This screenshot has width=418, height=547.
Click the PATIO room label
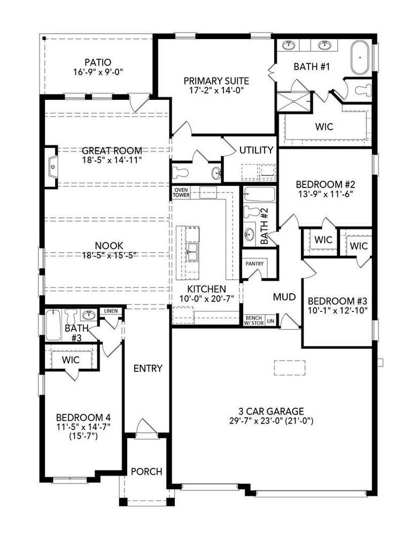(98, 63)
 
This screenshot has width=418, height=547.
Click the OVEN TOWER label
(181, 192)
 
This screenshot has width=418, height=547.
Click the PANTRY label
(254, 264)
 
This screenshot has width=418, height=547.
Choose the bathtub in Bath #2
(259, 194)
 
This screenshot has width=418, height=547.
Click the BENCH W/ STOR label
(254, 321)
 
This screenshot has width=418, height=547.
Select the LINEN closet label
(111, 311)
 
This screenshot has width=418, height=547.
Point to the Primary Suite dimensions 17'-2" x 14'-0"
(216, 90)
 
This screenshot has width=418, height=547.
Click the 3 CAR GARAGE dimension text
(271, 421)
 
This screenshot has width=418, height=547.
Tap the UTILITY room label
(257, 150)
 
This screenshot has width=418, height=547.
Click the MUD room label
(284, 297)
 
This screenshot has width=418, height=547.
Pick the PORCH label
(146, 472)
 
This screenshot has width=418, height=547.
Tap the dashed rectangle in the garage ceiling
(290, 368)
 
